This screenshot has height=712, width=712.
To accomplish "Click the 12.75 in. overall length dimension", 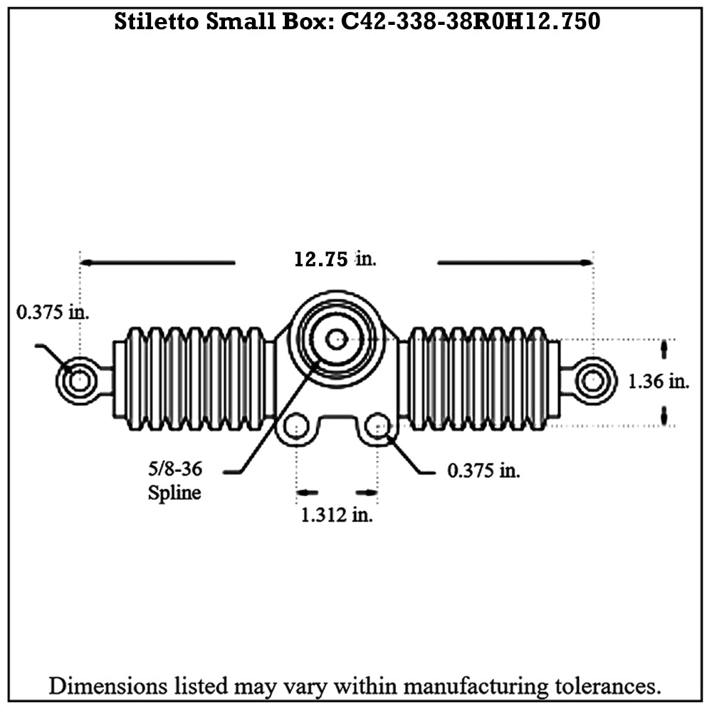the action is point(335,259).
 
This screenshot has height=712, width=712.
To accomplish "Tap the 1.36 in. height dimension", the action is point(659,382).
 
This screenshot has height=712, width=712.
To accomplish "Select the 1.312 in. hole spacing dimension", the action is point(337,515).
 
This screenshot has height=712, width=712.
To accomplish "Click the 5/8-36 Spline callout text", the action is point(175,481).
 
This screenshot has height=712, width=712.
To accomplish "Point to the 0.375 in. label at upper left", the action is point(53,312).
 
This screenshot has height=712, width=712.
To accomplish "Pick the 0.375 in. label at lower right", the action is point(483,471).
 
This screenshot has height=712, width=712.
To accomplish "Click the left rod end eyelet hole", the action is point(80,380).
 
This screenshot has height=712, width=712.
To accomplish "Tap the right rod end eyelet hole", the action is point(593,380).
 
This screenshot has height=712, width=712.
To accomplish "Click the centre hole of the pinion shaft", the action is point(337,339).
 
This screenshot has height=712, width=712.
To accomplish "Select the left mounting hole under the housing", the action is point(296,426).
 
